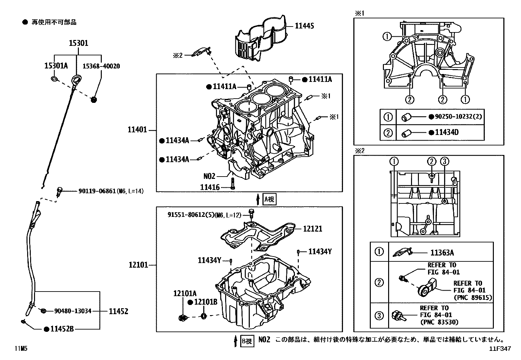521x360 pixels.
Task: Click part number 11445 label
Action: coord(304,26)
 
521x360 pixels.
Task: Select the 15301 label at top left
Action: coord(78,43)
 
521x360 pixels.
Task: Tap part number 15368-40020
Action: coord(101,66)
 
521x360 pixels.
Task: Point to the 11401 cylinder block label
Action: coord(137,130)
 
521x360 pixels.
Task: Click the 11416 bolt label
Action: coord(210,187)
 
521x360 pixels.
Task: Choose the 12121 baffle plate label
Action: coord(312,229)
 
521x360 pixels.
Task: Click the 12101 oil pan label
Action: coord(138,265)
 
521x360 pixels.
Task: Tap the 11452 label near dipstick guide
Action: coord(118,311)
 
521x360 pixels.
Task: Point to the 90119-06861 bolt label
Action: coord(111,191)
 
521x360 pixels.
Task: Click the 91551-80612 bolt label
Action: coord(204,215)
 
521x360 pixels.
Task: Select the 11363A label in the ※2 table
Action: coord(442,253)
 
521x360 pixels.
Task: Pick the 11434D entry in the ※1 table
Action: coord(447,132)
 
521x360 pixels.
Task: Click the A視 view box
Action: coord(269,199)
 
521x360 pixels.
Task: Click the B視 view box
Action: coord(247,341)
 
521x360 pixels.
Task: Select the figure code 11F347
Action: coord(500,349)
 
